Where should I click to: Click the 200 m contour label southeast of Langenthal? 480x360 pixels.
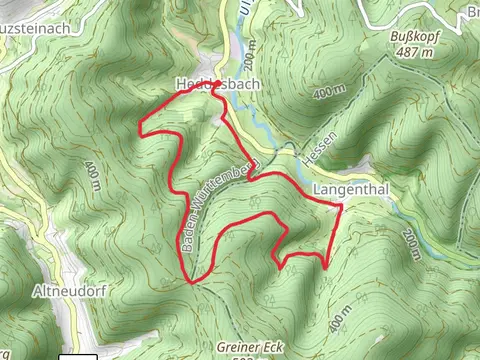coord(413,245)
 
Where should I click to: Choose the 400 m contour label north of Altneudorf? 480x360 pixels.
coord(93,175)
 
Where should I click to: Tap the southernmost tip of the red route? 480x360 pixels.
coord(191,282)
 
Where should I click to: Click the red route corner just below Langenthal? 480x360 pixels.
coord(341,206)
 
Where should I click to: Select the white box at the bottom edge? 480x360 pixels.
coord(78,356)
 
